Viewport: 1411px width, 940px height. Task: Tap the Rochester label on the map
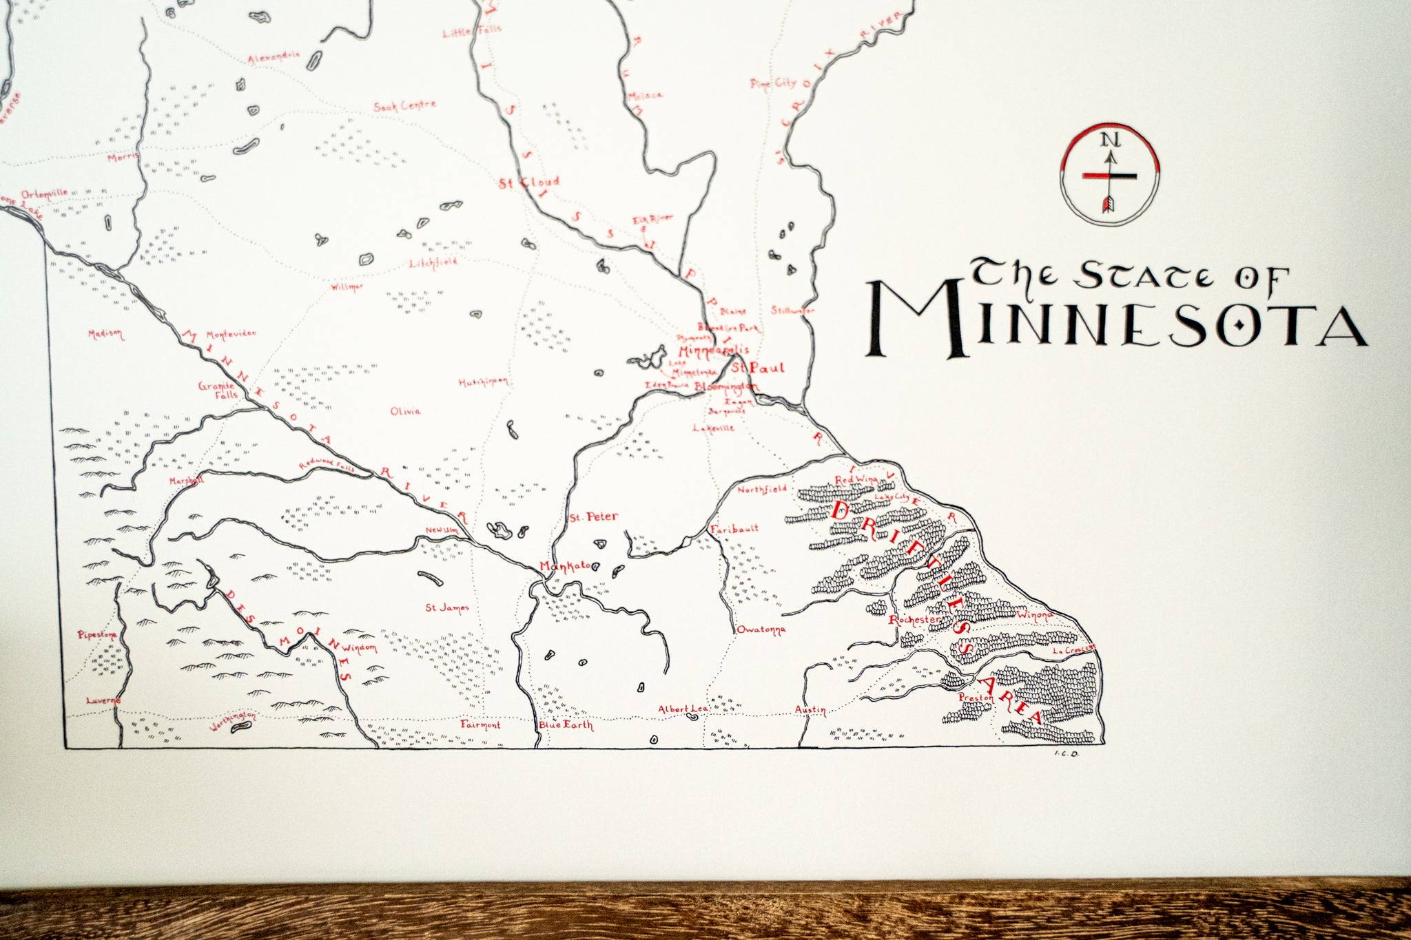(914, 620)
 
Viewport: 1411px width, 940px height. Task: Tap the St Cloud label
(529, 182)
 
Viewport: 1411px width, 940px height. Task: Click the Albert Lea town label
(679, 709)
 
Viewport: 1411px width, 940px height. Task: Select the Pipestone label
(98, 634)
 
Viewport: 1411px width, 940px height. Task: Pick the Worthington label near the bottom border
(232, 720)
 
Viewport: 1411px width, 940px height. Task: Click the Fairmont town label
(481, 725)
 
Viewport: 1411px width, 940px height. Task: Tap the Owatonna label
(761, 629)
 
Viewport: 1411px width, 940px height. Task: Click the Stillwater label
(792, 310)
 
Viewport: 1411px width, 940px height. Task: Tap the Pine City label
(773, 83)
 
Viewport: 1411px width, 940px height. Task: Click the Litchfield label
(433, 263)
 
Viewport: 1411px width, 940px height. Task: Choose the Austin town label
(810, 710)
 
